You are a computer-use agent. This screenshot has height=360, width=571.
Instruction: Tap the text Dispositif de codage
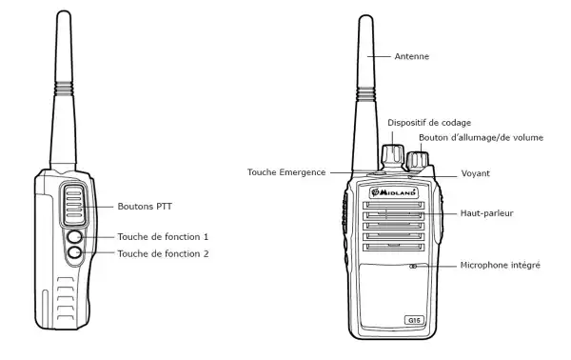pos(429,122)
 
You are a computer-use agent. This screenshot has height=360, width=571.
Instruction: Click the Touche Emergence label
pos(286,172)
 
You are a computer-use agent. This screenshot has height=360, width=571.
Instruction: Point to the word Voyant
pos(476,174)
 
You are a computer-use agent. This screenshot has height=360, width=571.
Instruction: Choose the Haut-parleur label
pos(486,212)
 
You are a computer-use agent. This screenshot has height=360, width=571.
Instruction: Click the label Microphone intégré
pos(500,265)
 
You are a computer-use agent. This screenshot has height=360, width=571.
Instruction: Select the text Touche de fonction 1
pos(162,235)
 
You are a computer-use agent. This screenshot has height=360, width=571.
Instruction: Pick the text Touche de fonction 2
pos(162,253)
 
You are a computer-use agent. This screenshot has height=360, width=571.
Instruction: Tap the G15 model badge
pos(414,320)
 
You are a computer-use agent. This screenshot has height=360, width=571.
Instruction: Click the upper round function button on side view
pos(75,236)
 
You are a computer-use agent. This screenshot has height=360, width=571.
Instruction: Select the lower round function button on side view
pos(75,253)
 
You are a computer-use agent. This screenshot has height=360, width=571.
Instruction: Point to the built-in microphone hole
pos(413,266)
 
